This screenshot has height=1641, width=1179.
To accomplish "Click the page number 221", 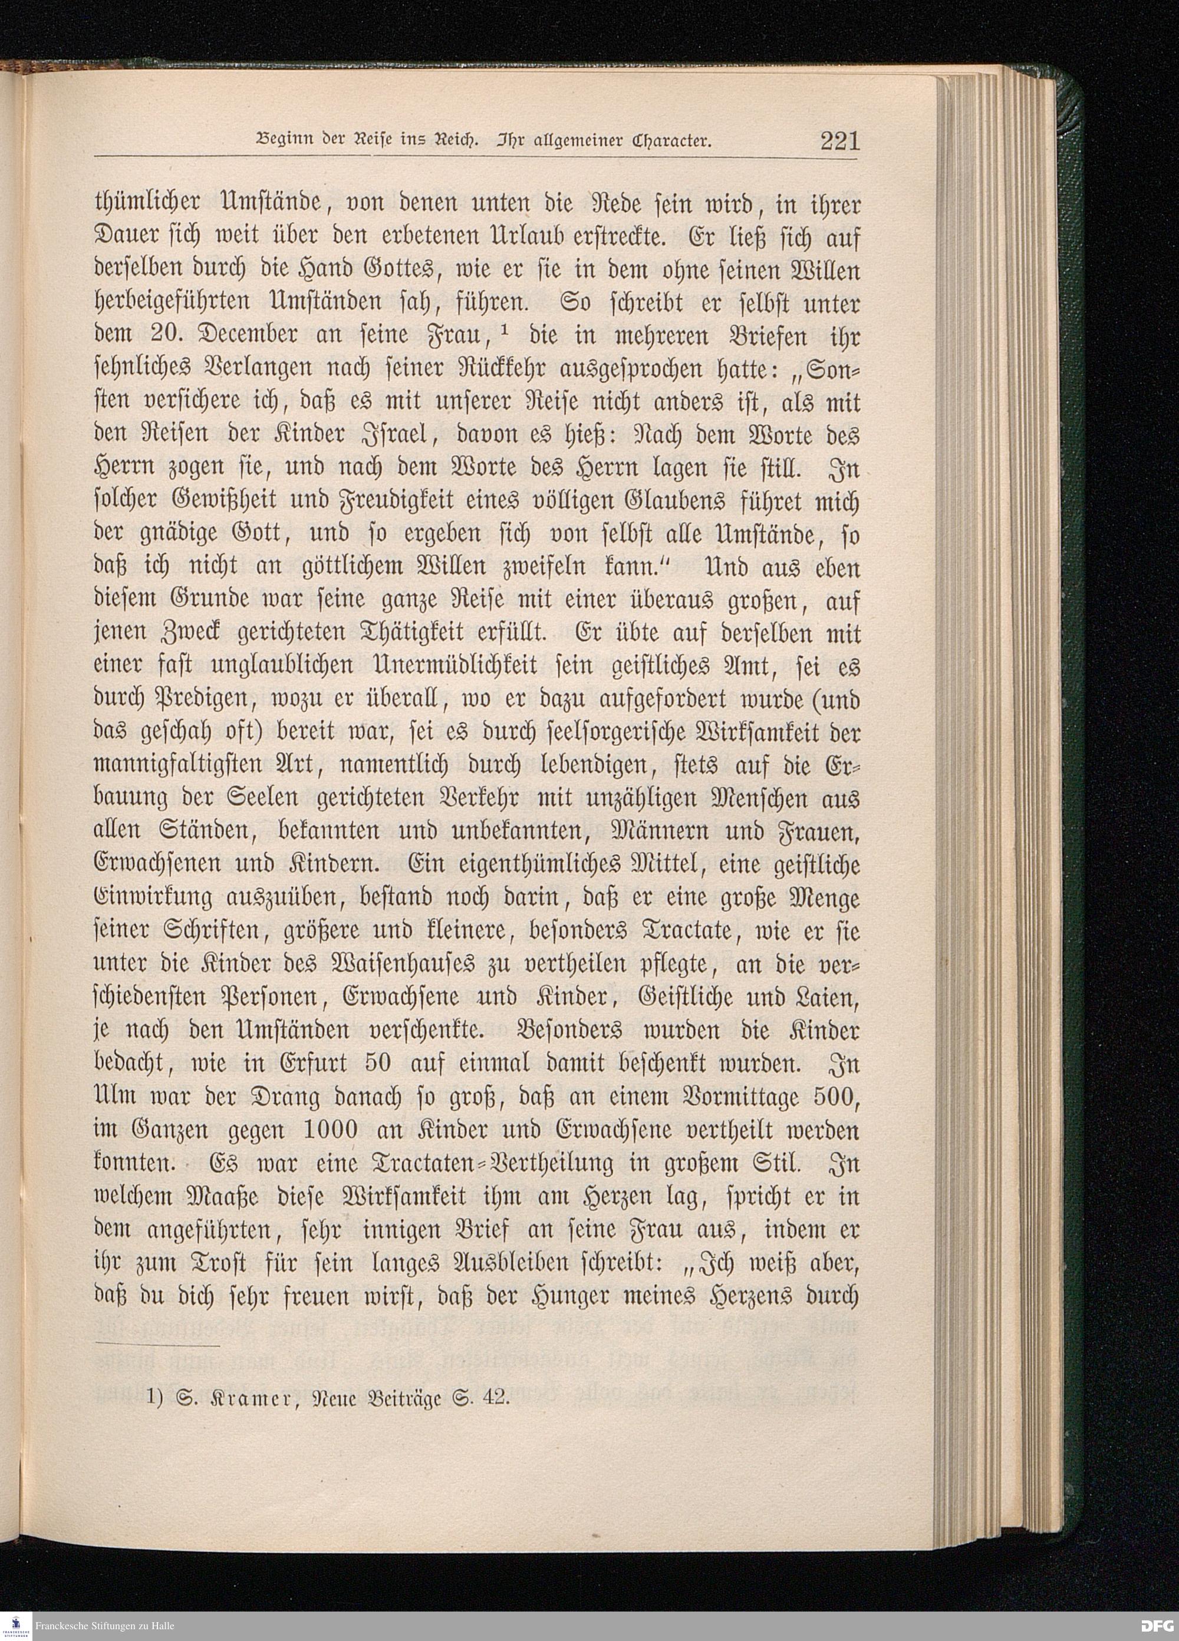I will click(x=839, y=140).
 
